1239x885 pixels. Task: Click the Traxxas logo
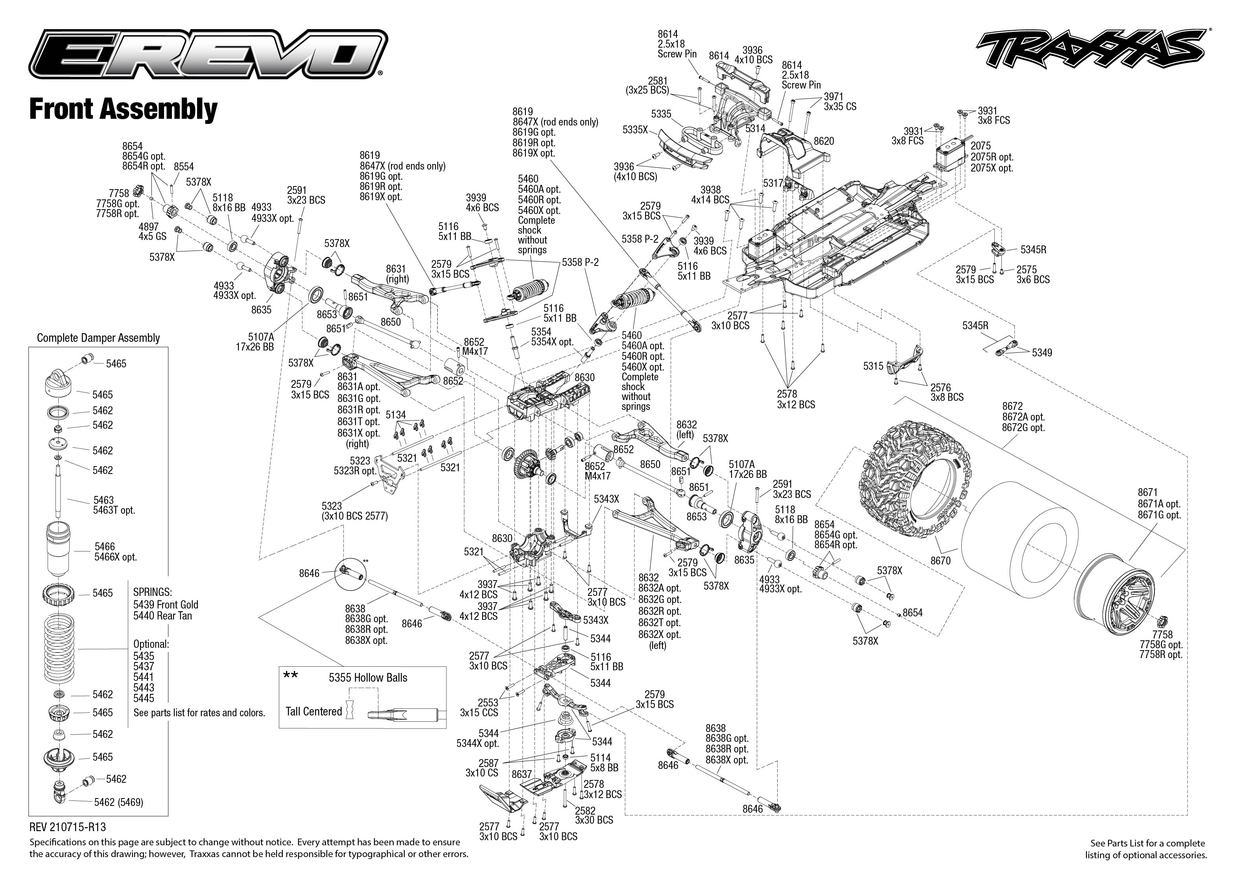pos(1090,55)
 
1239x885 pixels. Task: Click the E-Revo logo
pos(207,55)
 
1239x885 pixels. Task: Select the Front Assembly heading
pos(123,109)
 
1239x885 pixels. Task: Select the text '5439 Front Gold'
pos(166,604)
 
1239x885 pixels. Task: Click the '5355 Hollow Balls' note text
pos(368,677)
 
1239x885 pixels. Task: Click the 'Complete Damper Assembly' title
pos(98,338)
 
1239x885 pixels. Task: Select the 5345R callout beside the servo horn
pos(1033,250)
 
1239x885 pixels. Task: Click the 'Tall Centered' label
pos(313,711)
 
